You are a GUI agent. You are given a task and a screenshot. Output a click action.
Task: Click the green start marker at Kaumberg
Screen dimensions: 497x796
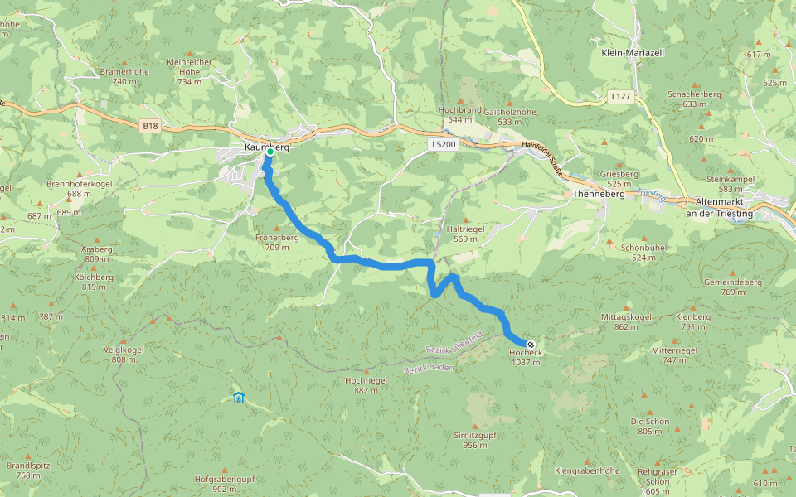pyautogui.click(x=269, y=152)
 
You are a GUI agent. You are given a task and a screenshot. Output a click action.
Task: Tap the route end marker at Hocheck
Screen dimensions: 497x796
pyautogui.click(x=531, y=344)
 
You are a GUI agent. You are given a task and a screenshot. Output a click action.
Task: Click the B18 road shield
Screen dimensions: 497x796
pyautogui.click(x=149, y=126)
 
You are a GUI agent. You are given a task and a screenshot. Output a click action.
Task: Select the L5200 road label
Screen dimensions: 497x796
pyautogui.click(x=444, y=144)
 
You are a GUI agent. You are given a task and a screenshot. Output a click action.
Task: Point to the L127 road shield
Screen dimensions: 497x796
pyautogui.click(x=620, y=97)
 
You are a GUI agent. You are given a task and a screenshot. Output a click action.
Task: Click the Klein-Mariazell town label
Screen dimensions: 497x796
pyautogui.click(x=632, y=52)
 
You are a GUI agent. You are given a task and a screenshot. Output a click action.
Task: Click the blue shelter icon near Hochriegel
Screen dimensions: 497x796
pyautogui.click(x=239, y=398)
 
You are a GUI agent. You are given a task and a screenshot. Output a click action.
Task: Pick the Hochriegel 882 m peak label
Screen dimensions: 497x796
pyautogui.click(x=366, y=384)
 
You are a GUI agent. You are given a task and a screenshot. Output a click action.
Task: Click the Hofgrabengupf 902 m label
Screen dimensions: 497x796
pyautogui.click(x=224, y=484)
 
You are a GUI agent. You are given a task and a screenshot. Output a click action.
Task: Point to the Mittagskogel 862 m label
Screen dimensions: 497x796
pyautogui.click(x=626, y=321)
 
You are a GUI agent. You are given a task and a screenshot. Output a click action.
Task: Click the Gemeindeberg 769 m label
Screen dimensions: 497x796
pyautogui.click(x=732, y=287)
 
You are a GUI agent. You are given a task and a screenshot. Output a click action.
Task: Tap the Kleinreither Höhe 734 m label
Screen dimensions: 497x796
pyautogui.click(x=189, y=71)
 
